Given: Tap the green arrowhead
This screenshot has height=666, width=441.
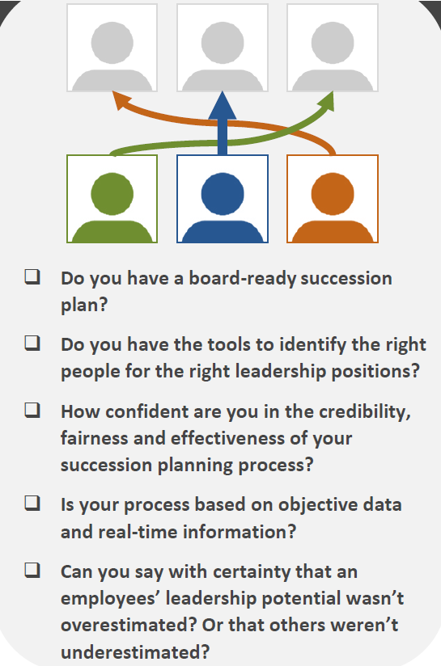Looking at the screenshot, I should click(x=328, y=99).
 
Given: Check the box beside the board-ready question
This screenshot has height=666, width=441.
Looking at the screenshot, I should click(x=32, y=277).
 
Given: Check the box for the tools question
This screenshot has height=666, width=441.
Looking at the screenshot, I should click(x=32, y=344).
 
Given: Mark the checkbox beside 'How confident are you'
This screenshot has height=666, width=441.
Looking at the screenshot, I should click(x=32, y=410).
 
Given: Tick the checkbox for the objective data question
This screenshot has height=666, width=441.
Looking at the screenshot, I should click(x=32, y=504).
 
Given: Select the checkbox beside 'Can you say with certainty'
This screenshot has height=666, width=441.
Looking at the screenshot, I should click(x=32, y=570).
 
